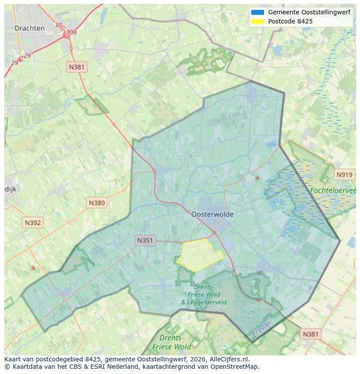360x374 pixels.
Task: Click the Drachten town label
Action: [x=30, y=28]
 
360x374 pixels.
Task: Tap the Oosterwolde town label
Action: [x=212, y=215]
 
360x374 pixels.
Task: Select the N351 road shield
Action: [x=145, y=240]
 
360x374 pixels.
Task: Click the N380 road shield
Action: [x=97, y=202]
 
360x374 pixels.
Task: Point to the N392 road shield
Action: [x=33, y=223]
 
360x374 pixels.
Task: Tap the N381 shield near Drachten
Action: [x=77, y=67]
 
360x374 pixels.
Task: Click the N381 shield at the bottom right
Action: [x=310, y=334]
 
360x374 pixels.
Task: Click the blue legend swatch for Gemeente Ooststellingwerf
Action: [x=257, y=12]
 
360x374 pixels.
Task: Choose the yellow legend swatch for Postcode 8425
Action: [x=257, y=21]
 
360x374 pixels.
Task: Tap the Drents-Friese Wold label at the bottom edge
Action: [x=172, y=342]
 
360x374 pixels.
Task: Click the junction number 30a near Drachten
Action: [x=71, y=32]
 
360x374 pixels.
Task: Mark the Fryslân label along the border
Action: [x=261, y=328]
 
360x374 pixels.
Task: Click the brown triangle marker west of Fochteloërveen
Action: [x=257, y=177]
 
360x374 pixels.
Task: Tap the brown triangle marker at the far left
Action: [x=33, y=268]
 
